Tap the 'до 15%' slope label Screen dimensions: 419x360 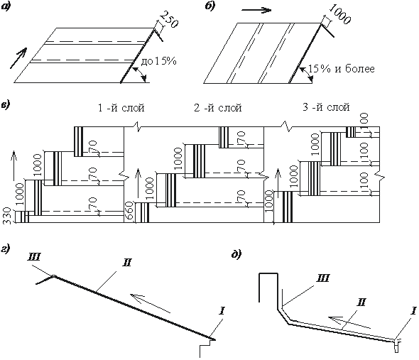(x=159, y=62)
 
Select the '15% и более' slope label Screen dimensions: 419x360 (x=342, y=69)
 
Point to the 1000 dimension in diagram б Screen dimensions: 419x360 (x=339, y=15)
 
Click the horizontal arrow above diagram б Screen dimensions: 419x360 (x=256, y=11)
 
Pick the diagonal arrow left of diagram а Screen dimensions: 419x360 (x=18, y=58)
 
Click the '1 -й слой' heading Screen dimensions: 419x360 (x=121, y=108)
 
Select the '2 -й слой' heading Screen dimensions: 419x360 (x=218, y=108)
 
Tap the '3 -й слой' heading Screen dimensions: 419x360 (x=326, y=107)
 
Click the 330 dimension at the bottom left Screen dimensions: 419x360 (x=7, y=217)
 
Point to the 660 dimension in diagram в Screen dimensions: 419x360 (x=129, y=211)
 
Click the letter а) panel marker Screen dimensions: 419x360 (x=5, y=7)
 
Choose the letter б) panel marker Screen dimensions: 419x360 (x=210, y=6)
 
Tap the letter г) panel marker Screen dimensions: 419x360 (x=5, y=249)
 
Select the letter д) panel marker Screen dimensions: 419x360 (x=236, y=254)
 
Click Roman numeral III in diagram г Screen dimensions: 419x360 (x=33, y=257)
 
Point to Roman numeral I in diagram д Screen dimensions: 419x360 (x=413, y=311)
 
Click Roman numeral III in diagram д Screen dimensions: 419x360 (x=322, y=278)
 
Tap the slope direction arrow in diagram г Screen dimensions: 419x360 (x=150, y=303)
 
